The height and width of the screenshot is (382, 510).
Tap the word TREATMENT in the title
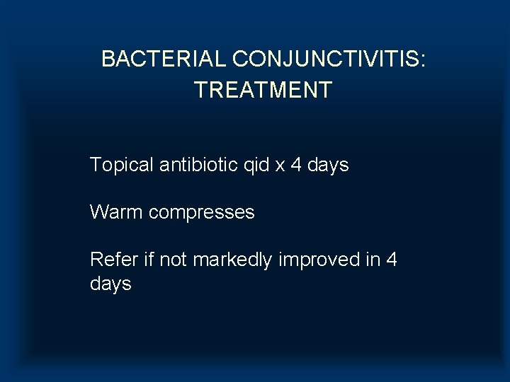(263, 91)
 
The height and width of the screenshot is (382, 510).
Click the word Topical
(121, 166)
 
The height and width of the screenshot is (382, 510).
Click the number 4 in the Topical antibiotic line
(296, 166)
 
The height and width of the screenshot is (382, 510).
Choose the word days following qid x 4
(328, 166)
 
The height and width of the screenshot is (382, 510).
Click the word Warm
(116, 212)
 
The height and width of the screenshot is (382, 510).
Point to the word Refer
(113, 260)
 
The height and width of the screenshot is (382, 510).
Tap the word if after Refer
(148, 260)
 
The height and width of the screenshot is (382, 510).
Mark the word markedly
(232, 260)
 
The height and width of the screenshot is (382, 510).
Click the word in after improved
(373, 260)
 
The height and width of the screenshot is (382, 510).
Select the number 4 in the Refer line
(392, 260)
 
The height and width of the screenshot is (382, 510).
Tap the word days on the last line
(110, 284)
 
